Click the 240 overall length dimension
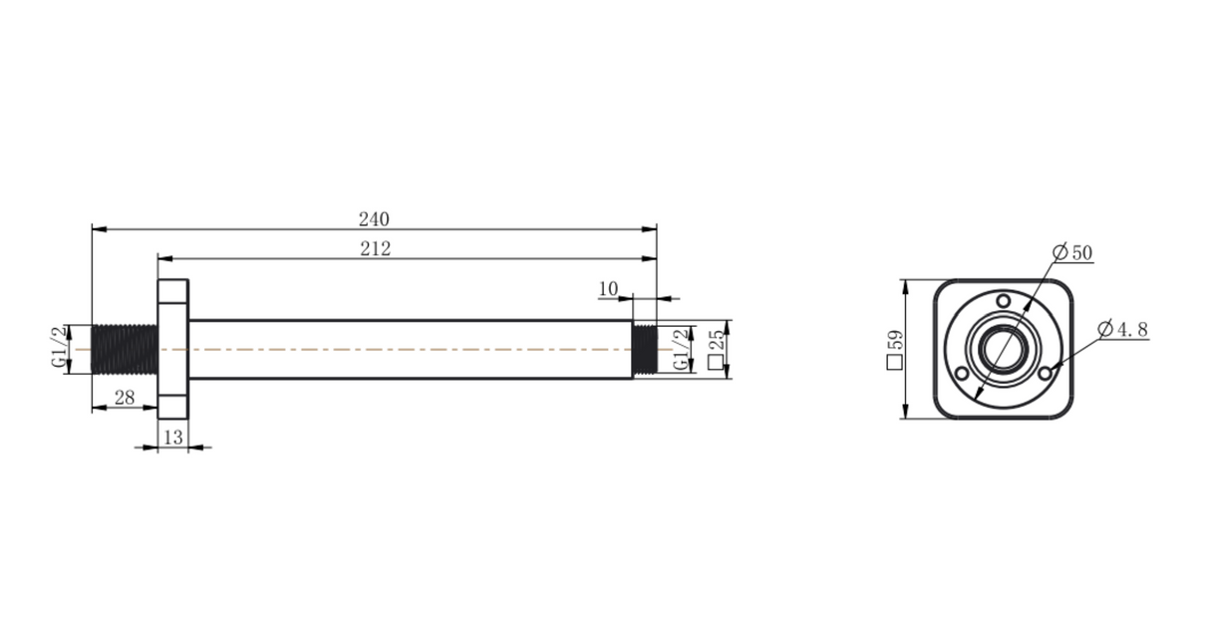374,219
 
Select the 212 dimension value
376,248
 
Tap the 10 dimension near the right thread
608,289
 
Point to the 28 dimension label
125,398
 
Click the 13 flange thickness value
173,438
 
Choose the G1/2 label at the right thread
682,349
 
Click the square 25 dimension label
716,349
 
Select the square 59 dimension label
895,350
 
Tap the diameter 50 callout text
1072,252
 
